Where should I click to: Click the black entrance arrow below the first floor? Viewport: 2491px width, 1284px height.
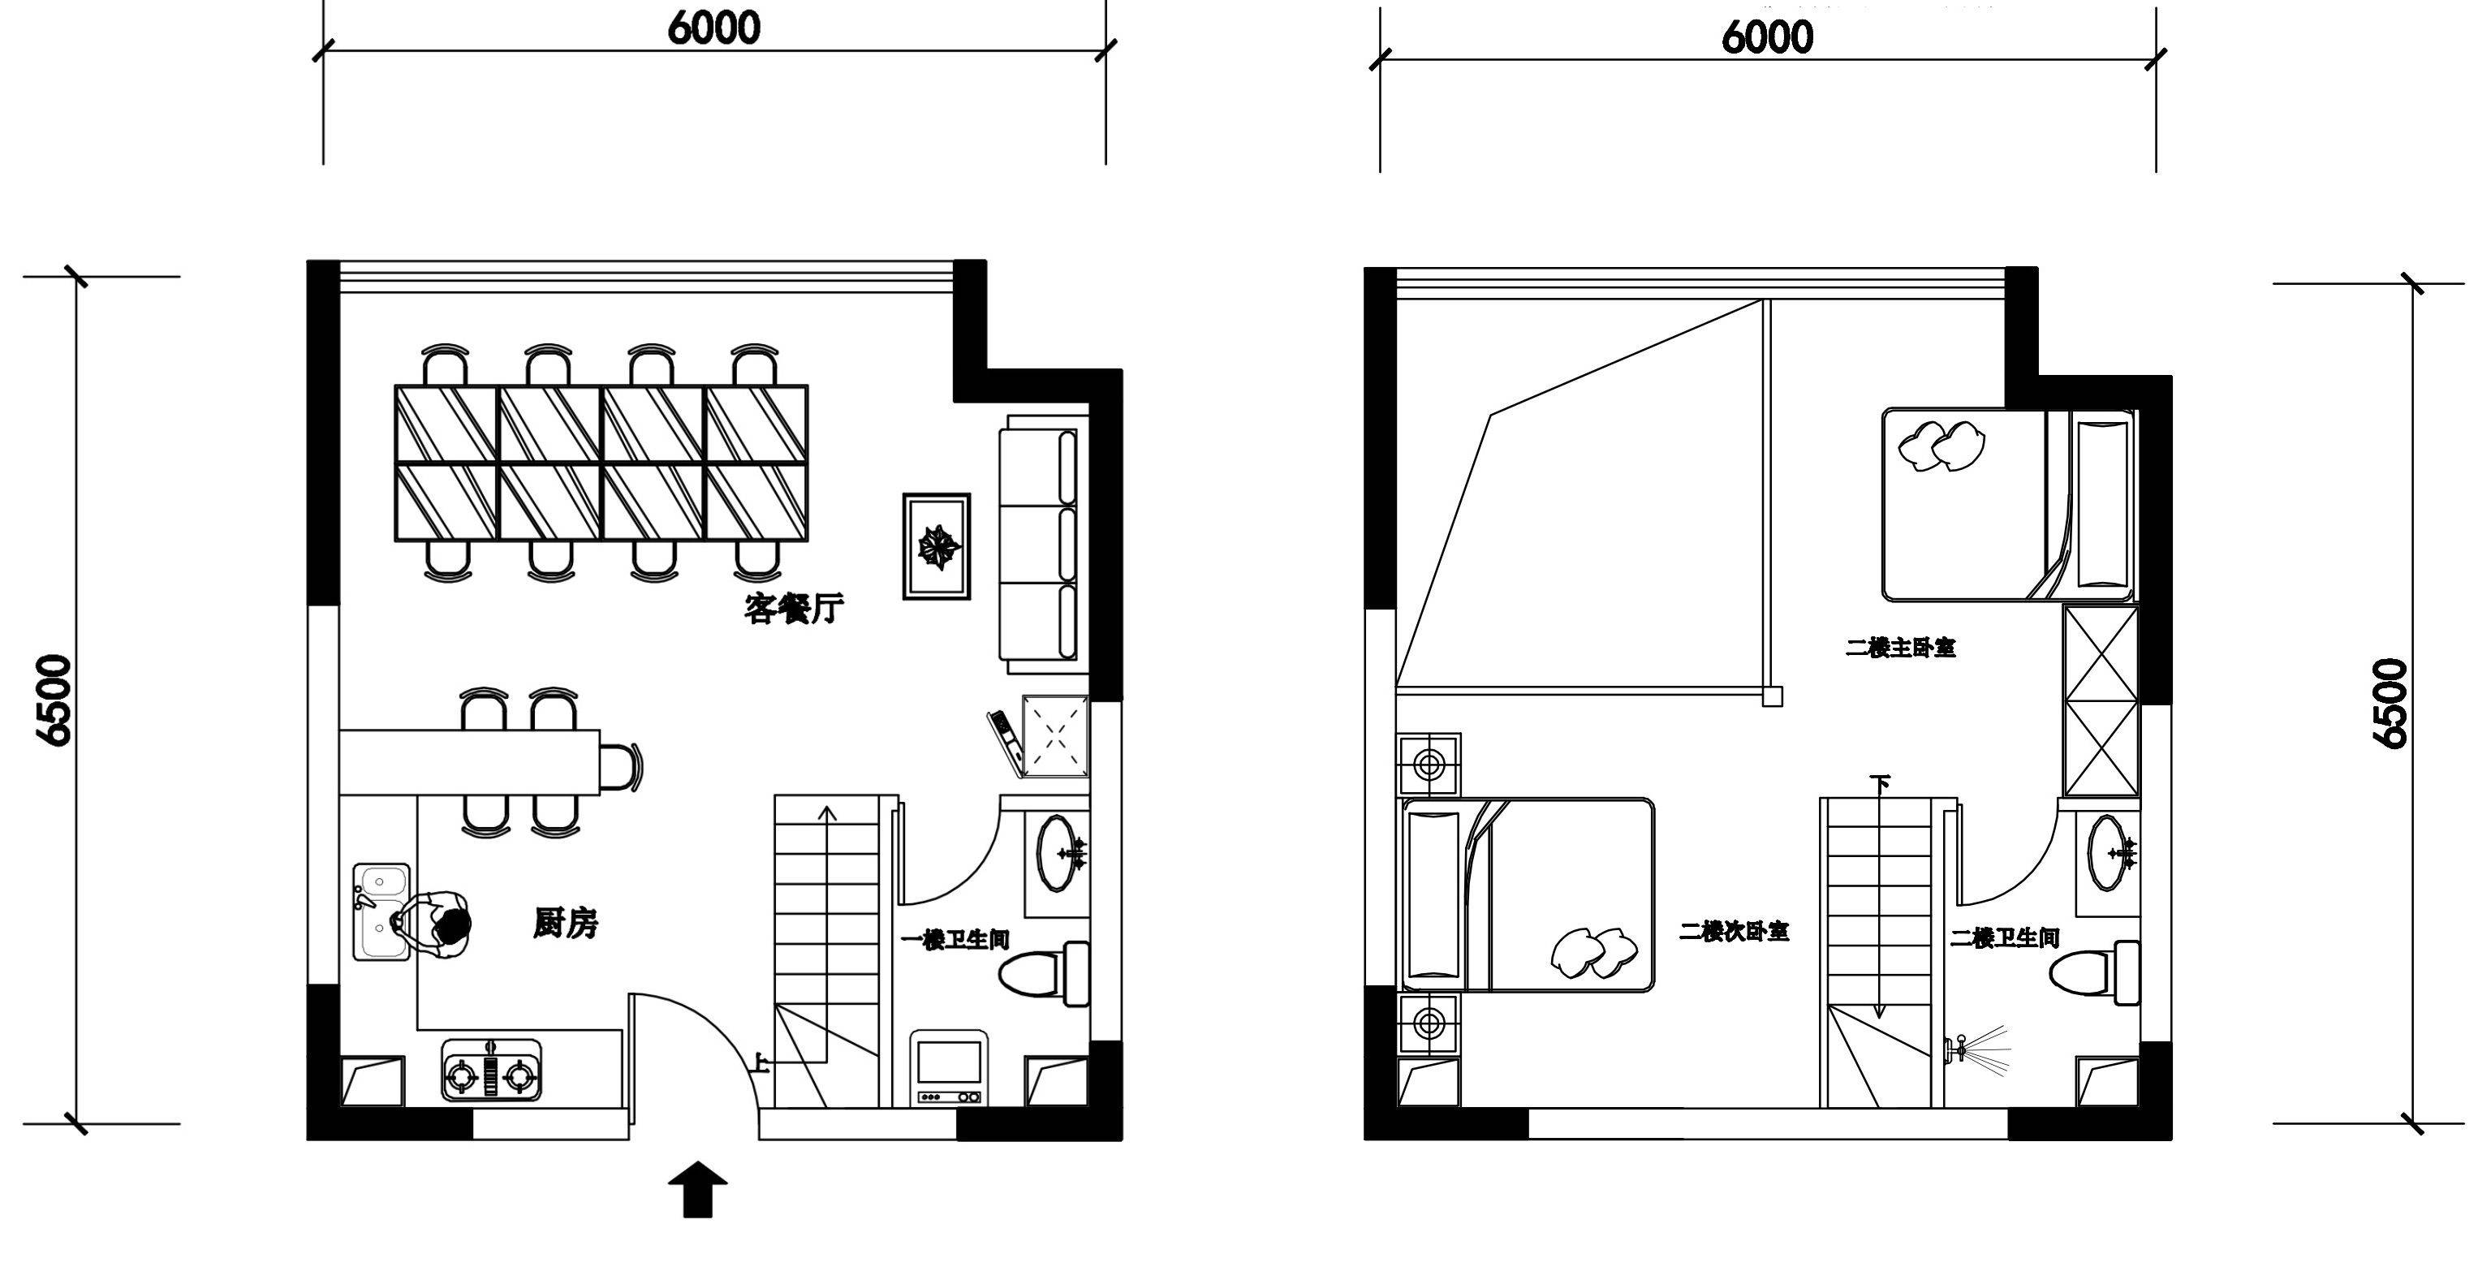pyautogui.click(x=697, y=1189)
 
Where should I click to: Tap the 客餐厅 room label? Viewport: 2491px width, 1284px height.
pyautogui.click(x=794, y=609)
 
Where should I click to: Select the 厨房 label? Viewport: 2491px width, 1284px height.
pyautogui.click(x=567, y=924)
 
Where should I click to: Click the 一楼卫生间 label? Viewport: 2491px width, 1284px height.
pyautogui.click(x=955, y=940)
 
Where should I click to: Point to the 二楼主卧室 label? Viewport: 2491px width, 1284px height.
pyautogui.click(x=1901, y=648)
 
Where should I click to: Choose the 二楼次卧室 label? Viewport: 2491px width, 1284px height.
pyautogui.click(x=1735, y=932)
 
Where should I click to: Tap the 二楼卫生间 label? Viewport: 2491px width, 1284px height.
pyautogui.click(x=2006, y=938)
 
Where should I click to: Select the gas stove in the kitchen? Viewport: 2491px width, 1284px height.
pyautogui.click(x=492, y=1071)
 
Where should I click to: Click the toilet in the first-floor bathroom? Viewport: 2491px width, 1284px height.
pyautogui.click(x=1044, y=974)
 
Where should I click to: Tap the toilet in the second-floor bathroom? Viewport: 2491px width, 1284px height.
pyautogui.click(x=2093, y=972)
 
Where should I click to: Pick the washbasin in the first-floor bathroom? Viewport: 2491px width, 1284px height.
pyautogui.click(x=1061, y=854)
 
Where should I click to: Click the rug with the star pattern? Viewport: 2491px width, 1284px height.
pyautogui.click(x=937, y=546)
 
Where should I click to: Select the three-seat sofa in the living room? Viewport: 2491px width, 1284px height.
pyautogui.click(x=1045, y=545)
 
